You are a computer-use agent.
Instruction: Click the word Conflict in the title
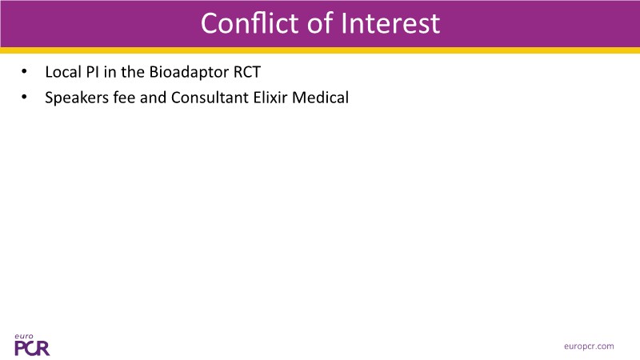point(250,23)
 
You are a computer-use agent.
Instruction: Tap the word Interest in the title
point(390,23)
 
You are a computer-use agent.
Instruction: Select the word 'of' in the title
point(321,23)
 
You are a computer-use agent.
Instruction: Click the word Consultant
point(210,98)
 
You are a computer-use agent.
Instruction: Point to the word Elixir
point(270,98)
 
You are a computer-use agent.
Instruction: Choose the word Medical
point(321,98)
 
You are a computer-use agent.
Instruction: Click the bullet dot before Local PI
point(24,72)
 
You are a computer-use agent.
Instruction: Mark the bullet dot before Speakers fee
point(24,98)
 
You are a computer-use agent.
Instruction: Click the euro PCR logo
point(32,345)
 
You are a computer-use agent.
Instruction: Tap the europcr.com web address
point(589,346)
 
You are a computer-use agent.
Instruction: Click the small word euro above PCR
point(24,337)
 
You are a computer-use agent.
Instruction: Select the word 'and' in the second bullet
point(153,98)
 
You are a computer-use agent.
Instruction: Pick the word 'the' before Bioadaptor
point(133,72)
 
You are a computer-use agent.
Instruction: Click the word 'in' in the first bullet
point(110,72)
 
